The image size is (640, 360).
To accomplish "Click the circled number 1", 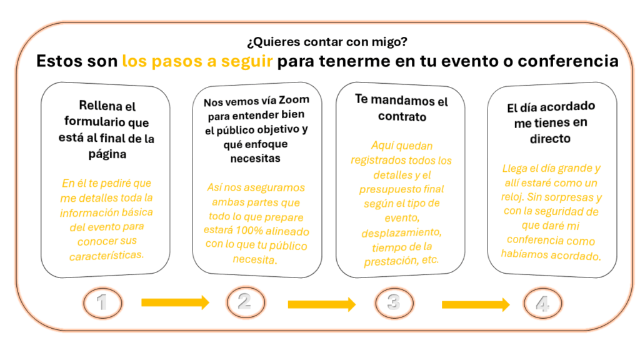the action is (102, 303).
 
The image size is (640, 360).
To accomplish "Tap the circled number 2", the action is (246, 302).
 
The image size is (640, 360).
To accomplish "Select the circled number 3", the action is (394, 303).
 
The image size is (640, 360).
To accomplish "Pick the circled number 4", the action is (543, 304).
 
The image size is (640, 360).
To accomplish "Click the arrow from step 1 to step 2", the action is (175, 302).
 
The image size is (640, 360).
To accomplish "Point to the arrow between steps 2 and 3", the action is (322, 304).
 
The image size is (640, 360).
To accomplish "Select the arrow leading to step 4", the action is (476, 304).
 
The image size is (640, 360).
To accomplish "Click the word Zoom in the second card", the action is (294, 100).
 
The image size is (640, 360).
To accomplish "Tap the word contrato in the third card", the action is (402, 117).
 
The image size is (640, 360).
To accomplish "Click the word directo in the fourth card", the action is (550, 139).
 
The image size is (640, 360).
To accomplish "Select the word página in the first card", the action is (107, 154).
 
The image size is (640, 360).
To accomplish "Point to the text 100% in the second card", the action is (249, 231).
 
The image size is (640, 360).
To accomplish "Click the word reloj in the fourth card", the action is (512, 197).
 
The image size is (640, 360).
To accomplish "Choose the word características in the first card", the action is (106, 256).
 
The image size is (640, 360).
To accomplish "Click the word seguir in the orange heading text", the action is (246, 61).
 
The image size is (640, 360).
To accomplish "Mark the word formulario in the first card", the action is (95, 122).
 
